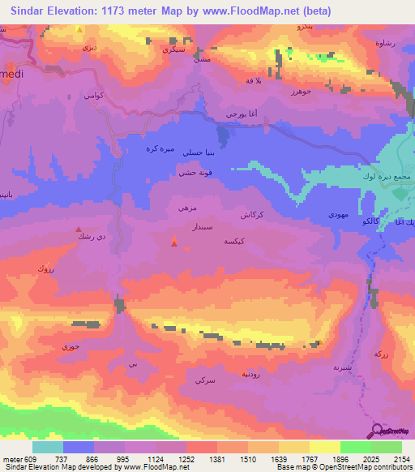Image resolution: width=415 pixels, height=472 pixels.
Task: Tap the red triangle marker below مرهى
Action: pos(174,240)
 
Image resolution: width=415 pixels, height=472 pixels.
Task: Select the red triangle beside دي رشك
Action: pos(79,230)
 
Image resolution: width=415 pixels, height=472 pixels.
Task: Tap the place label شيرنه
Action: pos(343,367)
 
